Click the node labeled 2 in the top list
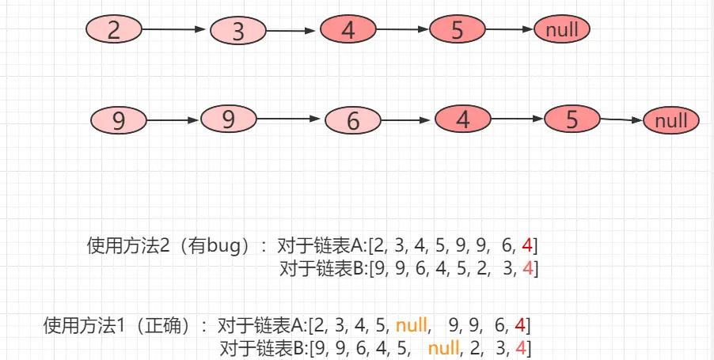pyautogui.click(x=113, y=30)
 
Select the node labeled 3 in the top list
pyautogui.click(x=239, y=32)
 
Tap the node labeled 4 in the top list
pyautogui.click(x=349, y=31)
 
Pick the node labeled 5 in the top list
pyautogui.click(x=457, y=31)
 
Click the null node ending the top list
pyautogui.click(x=562, y=31)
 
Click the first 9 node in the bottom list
pyautogui.click(x=119, y=121)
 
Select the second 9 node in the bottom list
pyautogui.click(x=229, y=119)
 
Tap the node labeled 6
pyautogui.click(x=353, y=121)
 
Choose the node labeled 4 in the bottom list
pyautogui.click(x=463, y=120)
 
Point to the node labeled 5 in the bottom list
pyautogui.click(x=572, y=119)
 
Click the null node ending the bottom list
pyautogui.click(x=671, y=121)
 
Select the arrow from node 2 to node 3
pyautogui.click(x=175, y=30)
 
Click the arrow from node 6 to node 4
pyautogui.click(x=408, y=121)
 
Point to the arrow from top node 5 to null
pyautogui.click(x=510, y=31)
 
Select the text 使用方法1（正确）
pyautogui.click(x=123, y=325)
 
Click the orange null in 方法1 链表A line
pyautogui.click(x=412, y=324)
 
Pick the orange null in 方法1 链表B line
pyautogui.click(x=444, y=347)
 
